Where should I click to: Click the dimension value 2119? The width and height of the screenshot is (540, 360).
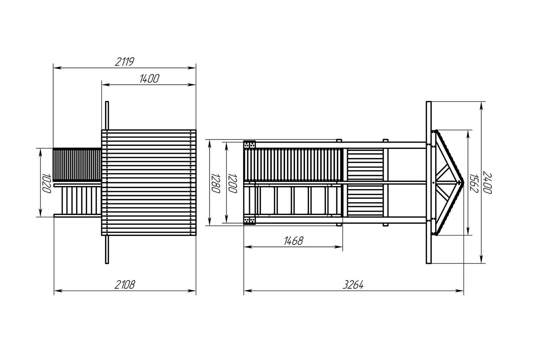coord(125,62)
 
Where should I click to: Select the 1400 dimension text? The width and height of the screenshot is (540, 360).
coord(149,79)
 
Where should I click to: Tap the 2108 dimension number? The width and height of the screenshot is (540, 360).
coord(125,285)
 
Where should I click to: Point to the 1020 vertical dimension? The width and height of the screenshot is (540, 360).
coord(46,183)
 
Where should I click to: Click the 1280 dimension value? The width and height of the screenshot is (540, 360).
coord(216,183)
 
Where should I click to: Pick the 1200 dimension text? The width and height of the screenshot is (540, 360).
coord(233,183)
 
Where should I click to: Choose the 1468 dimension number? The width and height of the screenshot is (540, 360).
coord(293,241)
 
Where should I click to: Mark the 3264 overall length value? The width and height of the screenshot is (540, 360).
coord(353,285)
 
